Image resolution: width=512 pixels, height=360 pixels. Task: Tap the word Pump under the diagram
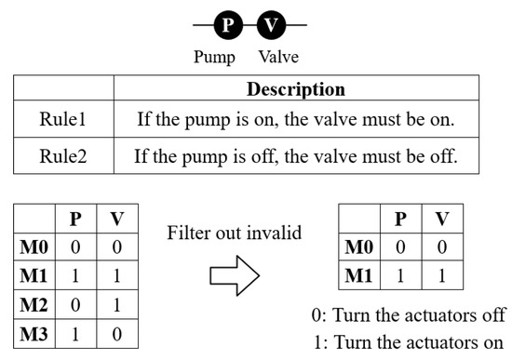pos(214,58)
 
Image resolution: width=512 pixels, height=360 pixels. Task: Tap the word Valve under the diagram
pos(278,58)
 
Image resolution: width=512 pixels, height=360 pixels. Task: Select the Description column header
pos(295,90)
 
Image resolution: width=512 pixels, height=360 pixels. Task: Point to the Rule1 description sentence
pos(295,121)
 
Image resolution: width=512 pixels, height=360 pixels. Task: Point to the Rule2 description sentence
pos(295,155)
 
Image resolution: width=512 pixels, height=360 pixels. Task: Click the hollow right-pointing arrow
pos(232,275)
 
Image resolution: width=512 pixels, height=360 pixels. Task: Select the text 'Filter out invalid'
pos(235,233)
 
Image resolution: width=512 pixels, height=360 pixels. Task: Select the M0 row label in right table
pos(358,247)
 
